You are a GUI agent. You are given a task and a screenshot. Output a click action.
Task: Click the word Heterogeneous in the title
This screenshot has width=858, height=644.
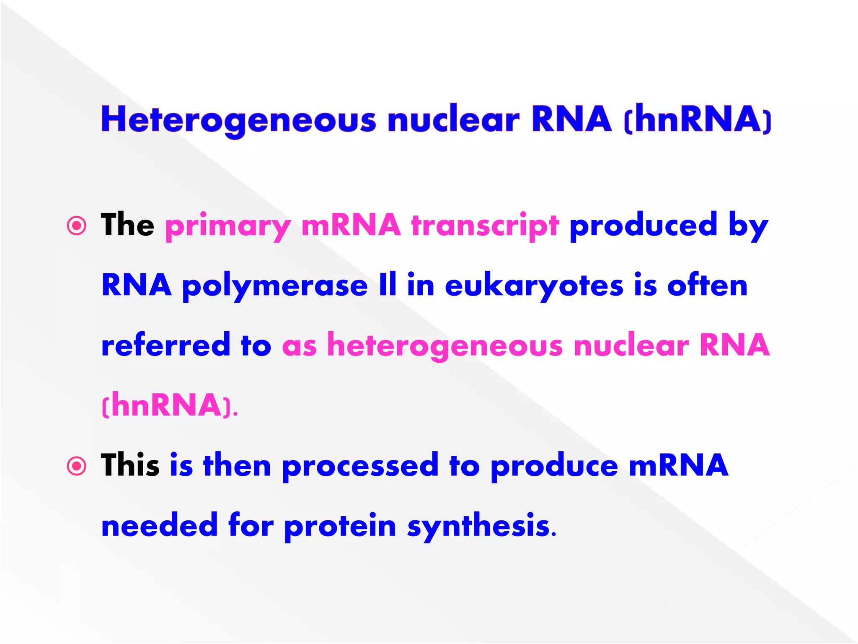click(x=239, y=120)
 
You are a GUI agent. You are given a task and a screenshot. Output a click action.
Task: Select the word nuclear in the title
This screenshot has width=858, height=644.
click(x=453, y=120)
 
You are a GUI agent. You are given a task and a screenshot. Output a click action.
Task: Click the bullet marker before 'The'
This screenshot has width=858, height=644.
click(x=77, y=226)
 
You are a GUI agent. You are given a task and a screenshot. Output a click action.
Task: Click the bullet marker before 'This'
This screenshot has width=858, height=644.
click(x=77, y=466)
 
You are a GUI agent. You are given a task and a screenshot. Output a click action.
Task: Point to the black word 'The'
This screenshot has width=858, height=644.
click(x=127, y=225)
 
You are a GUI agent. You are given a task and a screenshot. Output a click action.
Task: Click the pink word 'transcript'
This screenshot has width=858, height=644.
click(x=485, y=226)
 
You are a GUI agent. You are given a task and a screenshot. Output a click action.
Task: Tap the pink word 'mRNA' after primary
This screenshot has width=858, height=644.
click(x=351, y=225)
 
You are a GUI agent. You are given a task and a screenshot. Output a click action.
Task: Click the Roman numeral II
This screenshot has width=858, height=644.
click(x=388, y=285)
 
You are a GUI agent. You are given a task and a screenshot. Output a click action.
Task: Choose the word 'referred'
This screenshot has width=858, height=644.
click(x=166, y=345)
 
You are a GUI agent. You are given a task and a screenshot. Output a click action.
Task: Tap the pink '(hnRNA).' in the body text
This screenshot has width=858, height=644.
click(x=170, y=405)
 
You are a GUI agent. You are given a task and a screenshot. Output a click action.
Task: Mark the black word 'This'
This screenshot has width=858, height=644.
click(x=130, y=465)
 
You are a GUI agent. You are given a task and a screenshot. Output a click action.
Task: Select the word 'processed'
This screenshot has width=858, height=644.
click(x=360, y=467)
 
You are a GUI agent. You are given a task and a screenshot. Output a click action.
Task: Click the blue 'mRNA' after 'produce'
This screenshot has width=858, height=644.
click(x=679, y=465)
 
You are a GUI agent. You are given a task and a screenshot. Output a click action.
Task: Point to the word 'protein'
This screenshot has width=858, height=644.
click(x=340, y=527)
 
